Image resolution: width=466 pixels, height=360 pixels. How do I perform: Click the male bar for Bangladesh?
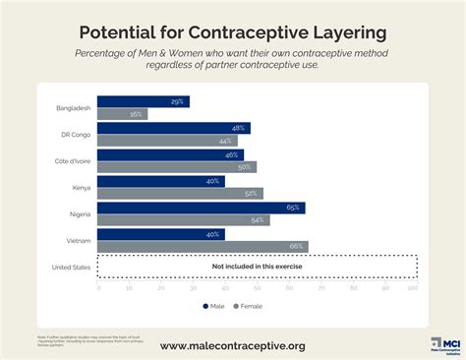[x=144, y=101]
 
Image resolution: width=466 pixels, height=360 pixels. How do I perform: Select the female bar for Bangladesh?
[x=123, y=114]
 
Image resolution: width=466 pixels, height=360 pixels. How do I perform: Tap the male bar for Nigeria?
[x=202, y=208]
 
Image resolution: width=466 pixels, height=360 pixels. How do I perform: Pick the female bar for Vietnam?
[x=203, y=247]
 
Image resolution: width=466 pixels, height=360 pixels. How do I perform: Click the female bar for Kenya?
[x=181, y=194]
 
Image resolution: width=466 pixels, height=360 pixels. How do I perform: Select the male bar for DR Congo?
[x=174, y=128]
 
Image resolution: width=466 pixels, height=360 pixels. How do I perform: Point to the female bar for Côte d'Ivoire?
[x=177, y=167]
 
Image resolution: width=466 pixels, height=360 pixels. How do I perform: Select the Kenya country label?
[x=83, y=187]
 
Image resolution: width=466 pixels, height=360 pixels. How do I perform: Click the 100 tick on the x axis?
[x=413, y=288]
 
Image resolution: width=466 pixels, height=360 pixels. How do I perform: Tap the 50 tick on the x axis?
[x=257, y=288]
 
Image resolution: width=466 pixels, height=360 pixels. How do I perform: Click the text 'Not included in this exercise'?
[x=258, y=267]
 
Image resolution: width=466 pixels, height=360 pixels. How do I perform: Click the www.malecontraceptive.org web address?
[x=232, y=345]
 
